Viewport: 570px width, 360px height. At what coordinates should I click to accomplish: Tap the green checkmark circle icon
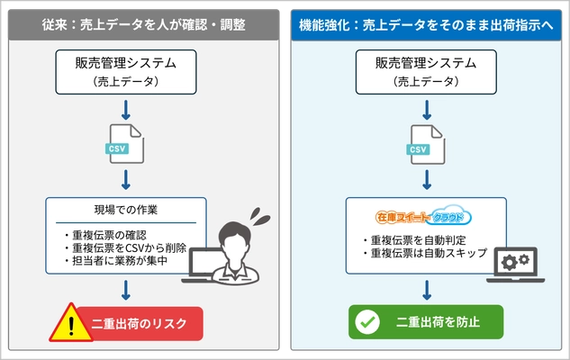point(366,322)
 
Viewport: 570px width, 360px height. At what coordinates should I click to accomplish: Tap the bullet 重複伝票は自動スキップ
point(429,255)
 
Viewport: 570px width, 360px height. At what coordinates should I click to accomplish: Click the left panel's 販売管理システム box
point(125,70)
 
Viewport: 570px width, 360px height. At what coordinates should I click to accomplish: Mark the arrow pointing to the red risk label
point(125,290)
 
